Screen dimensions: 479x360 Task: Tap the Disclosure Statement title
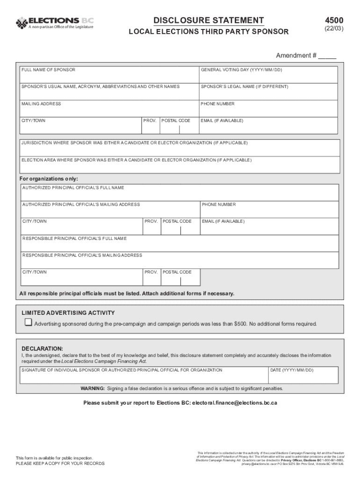(209, 20)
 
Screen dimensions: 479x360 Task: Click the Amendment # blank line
(327, 56)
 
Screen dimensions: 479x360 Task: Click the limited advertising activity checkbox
(29, 322)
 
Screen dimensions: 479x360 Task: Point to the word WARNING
(93, 388)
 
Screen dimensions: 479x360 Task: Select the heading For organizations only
(49, 179)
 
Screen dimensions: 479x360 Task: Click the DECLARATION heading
(42, 348)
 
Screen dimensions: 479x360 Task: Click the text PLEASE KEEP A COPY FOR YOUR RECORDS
(60, 464)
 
